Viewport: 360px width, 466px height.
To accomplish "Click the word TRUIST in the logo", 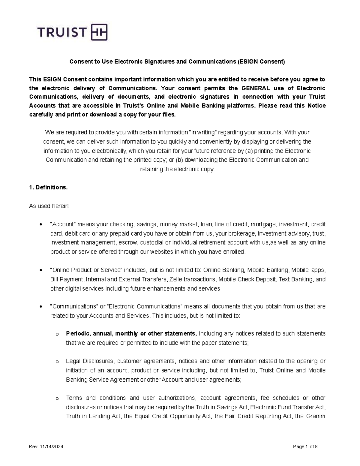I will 61,32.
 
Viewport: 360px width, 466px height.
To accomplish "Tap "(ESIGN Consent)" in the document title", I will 261,62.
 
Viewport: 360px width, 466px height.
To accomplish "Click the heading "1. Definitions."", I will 48,188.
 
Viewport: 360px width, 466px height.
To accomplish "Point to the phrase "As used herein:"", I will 49,206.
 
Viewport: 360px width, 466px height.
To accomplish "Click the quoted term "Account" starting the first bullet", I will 64,224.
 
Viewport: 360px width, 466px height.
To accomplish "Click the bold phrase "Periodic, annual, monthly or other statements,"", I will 131,334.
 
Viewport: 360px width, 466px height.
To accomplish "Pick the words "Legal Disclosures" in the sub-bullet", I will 89,361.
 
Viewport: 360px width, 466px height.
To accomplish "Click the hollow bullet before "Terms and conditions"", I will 57,398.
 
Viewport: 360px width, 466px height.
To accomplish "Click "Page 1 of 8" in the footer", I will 305,447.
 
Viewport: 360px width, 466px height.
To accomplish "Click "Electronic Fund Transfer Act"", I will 287,407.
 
